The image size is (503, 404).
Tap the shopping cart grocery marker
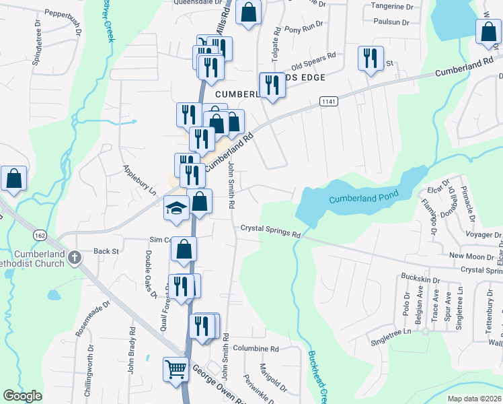[x=175, y=369]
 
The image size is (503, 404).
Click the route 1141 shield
[x=328, y=101]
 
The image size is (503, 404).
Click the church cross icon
[x=75, y=256]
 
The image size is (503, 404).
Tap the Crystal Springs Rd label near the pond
[x=270, y=230]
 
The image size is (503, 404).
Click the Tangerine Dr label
[x=391, y=7]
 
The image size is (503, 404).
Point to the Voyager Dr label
[x=484, y=236]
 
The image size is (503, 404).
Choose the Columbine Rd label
[x=256, y=349]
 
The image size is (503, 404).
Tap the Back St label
[x=106, y=250]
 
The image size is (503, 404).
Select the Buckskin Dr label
[x=420, y=278]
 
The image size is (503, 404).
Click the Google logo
[x=22, y=396]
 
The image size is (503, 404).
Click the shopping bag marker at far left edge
[x=13, y=179]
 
